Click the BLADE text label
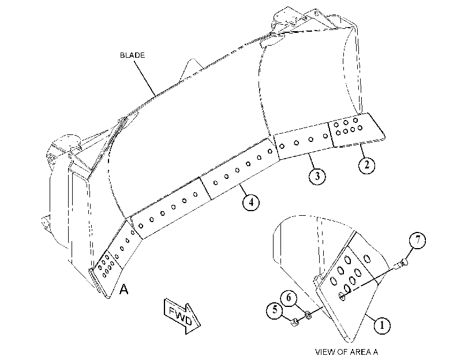132,55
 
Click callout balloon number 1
382,325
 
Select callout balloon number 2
366,164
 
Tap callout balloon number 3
317,176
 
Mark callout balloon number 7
418,239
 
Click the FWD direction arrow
182,316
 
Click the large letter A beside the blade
124,289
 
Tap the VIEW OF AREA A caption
346,352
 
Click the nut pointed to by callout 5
295,322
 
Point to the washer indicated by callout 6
308,314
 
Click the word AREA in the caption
361,352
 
